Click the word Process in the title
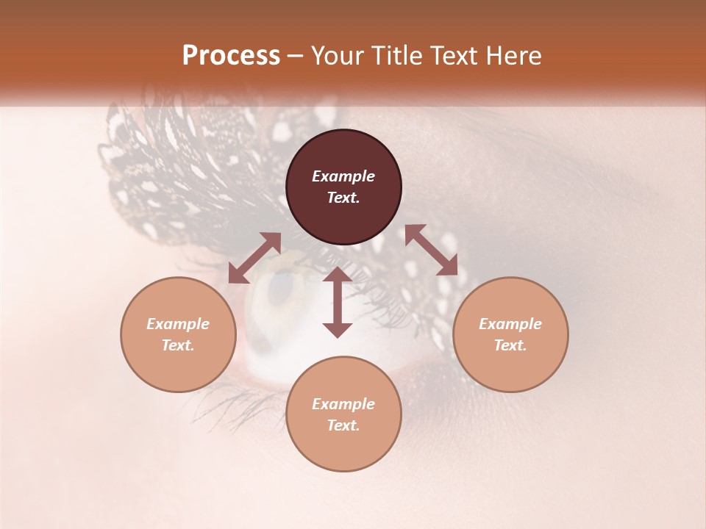(x=231, y=56)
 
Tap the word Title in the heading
(x=398, y=56)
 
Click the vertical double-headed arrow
(x=338, y=302)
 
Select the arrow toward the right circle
(x=431, y=250)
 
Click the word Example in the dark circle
(x=343, y=176)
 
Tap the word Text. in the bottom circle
(x=343, y=425)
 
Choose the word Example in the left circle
(x=178, y=324)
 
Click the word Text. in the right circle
(x=510, y=345)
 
